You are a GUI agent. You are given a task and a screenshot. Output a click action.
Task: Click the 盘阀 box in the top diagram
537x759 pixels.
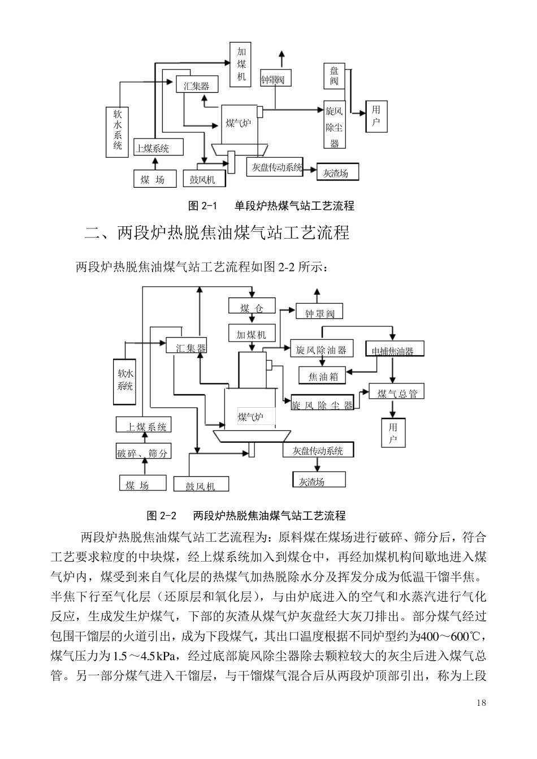click(x=334, y=76)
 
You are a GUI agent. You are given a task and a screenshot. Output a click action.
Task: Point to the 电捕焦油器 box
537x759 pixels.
click(x=393, y=350)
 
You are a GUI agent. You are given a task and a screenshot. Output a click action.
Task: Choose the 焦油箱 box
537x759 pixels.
click(x=322, y=375)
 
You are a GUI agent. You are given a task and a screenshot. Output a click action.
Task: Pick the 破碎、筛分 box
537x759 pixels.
click(x=143, y=452)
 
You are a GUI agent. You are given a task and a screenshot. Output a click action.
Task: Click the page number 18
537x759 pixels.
click(x=481, y=703)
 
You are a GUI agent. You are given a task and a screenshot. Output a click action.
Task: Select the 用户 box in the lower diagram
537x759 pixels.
click(x=393, y=433)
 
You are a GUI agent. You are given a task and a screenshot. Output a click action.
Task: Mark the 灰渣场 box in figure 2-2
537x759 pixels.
click(x=313, y=481)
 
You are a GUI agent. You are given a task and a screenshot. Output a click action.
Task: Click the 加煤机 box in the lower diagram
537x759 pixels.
click(x=251, y=334)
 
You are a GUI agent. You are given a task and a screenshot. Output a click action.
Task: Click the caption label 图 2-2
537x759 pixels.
click(x=162, y=516)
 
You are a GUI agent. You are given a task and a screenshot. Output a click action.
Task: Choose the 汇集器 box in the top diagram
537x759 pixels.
click(x=196, y=85)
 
